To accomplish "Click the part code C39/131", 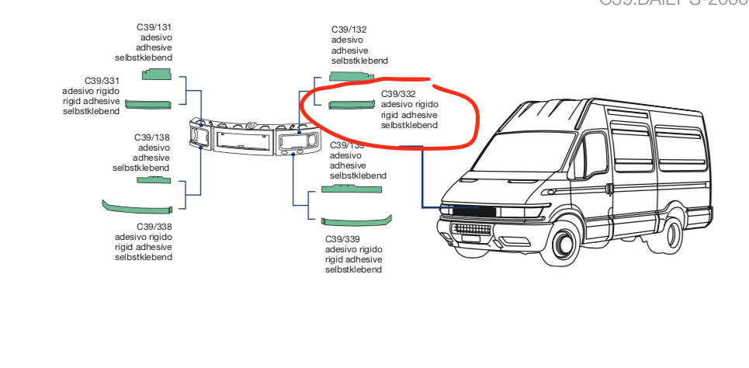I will [154, 27].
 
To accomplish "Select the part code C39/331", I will [102, 81].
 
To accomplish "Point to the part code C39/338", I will [154, 227].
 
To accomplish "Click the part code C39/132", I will [348, 30].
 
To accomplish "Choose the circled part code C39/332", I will [398, 95].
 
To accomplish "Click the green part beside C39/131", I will [156, 74].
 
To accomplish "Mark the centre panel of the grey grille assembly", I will [243, 141].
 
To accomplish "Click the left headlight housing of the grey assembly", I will [202, 137].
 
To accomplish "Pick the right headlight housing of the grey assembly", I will [297, 141].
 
